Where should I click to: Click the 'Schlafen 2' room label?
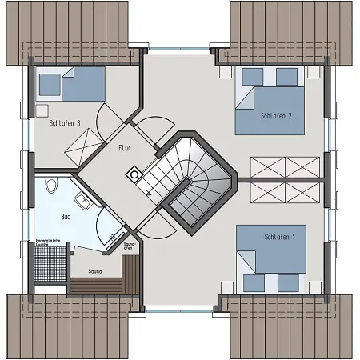click(x=275, y=117)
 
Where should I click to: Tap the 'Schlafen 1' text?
click(x=279, y=238)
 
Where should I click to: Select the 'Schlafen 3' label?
click(x=64, y=123)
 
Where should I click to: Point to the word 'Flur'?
click(x=124, y=148)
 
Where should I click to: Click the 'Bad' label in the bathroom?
click(x=66, y=217)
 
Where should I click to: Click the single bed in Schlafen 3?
click(x=71, y=82)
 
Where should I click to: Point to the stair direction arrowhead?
click(x=148, y=192)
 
